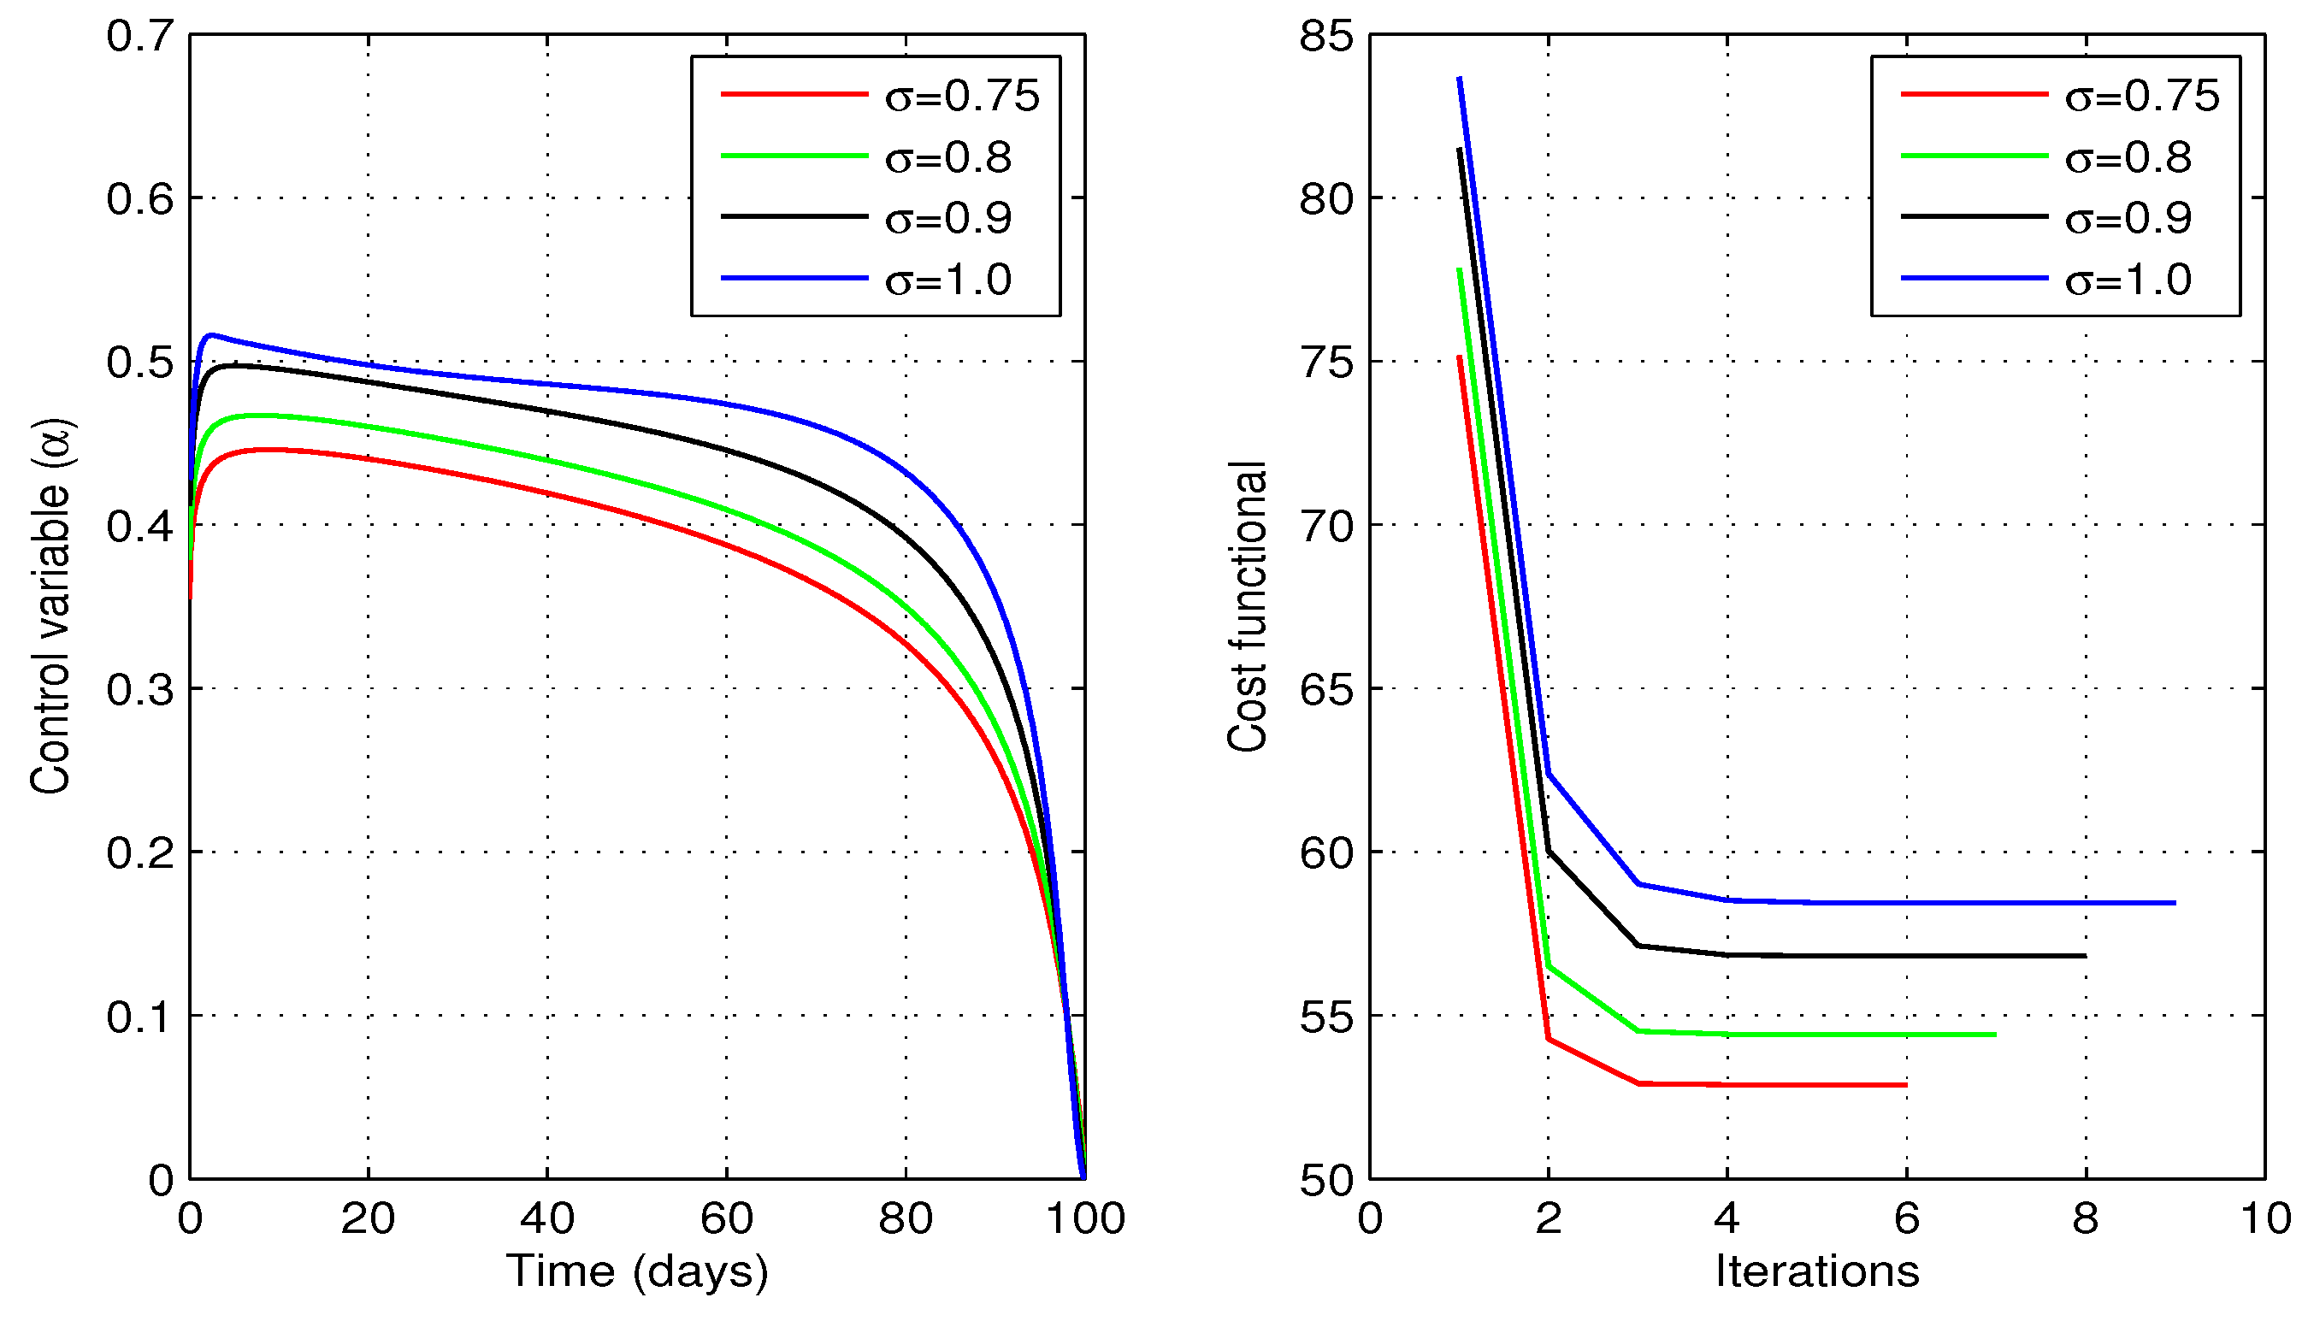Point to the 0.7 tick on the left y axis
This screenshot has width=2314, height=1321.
(x=139, y=36)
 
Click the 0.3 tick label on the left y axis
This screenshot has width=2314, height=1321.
(x=139, y=689)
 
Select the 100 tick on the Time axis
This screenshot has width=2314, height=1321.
(x=1085, y=1218)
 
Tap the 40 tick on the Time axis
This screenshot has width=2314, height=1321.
(x=547, y=1218)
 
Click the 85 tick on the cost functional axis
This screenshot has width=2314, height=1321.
(x=1325, y=36)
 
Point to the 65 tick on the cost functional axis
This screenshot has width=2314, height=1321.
(x=1325, y=689)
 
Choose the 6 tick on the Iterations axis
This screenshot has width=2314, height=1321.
(x=1907, y=1218)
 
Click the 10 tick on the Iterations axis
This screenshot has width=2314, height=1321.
(x=2266, y=1218)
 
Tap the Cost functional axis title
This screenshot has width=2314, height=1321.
(x=1247, y=606)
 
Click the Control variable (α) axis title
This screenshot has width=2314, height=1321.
(x=50, y=606)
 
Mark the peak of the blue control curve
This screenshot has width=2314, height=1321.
(x=210, y=335)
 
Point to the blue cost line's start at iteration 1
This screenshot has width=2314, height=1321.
(x=1459, y=79)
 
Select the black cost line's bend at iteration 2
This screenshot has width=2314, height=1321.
(x=1548, y=851)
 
